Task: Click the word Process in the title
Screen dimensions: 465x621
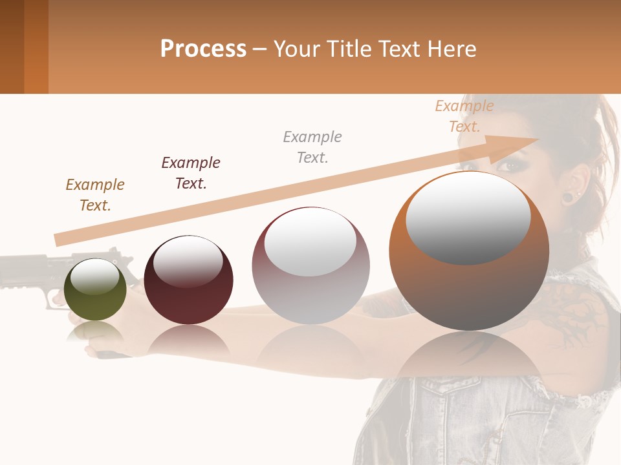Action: point(203,49)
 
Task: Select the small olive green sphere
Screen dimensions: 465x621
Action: point(95,289)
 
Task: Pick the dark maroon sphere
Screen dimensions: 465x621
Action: point(188,280)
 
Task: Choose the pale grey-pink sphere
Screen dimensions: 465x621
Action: point(310,265)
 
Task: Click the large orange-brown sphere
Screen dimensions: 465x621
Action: point(469,251)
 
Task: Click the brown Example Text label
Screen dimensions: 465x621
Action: point(95,195)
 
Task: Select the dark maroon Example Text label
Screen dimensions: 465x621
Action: point(191,173)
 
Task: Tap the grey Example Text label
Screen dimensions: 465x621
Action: point(312,147)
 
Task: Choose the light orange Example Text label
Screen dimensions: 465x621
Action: point(464,116)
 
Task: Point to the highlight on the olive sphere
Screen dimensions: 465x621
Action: point(94,277)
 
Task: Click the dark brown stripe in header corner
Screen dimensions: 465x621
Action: point(12,46)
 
